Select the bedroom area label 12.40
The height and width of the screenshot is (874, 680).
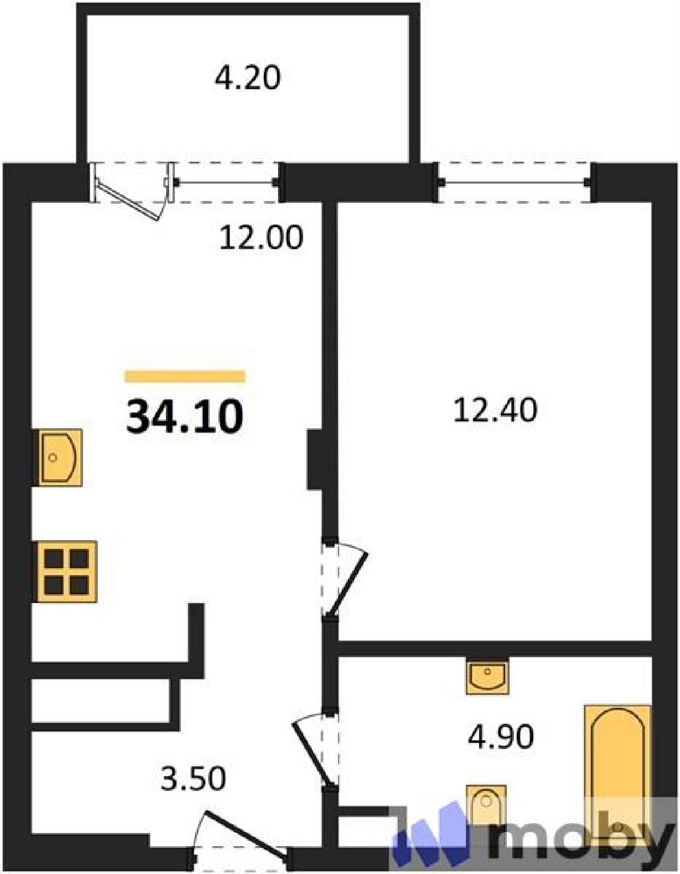pos(495,410)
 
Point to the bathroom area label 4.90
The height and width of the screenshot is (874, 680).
pos(501,736)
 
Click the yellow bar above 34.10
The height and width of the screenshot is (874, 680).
pos(185,376)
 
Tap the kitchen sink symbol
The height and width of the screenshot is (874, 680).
pos(60,457)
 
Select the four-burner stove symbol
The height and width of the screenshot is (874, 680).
pos(67,571)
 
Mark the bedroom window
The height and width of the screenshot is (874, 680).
pos(515,182)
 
